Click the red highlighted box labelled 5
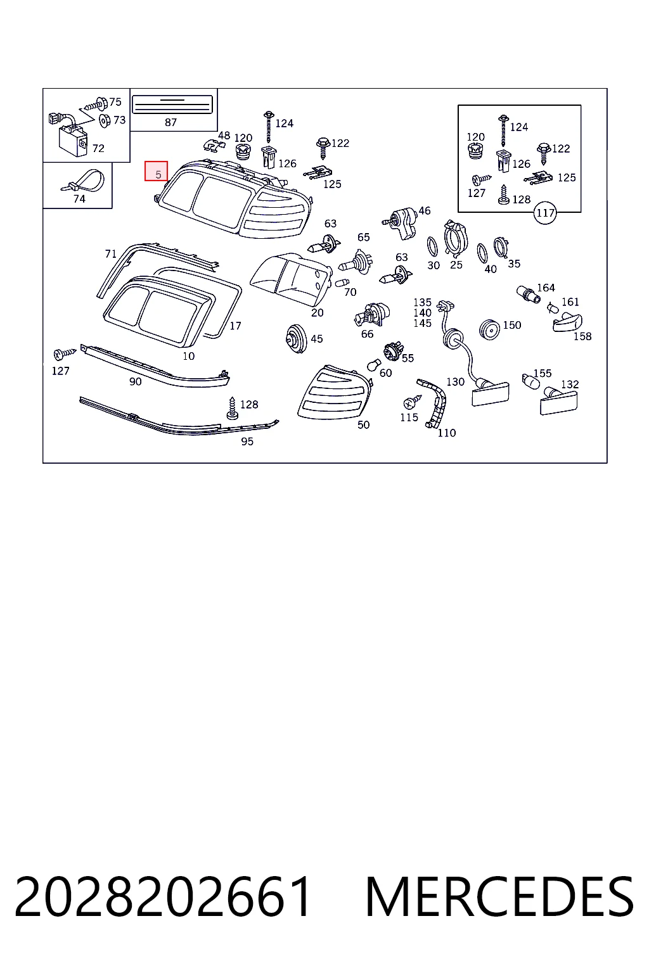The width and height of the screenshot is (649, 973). pos(156,171)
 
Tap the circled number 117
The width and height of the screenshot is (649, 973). pos(545,213)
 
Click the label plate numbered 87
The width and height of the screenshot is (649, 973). pos(172,105)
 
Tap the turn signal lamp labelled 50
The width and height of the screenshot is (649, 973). pos(335,393)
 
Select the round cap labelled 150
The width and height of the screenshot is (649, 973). pos(490,329)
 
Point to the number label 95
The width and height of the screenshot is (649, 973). pos(247,442)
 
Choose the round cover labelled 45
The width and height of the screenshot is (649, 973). pos(297,338)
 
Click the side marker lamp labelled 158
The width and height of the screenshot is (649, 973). pos(567,322)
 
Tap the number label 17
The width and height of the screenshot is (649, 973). pos(235,326)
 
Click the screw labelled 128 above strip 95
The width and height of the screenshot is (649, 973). pos(232,409)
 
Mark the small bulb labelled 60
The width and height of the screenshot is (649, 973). pos(373,366)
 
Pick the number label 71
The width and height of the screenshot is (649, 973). pos(111,253)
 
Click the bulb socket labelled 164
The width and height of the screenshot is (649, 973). pos(528,294)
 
